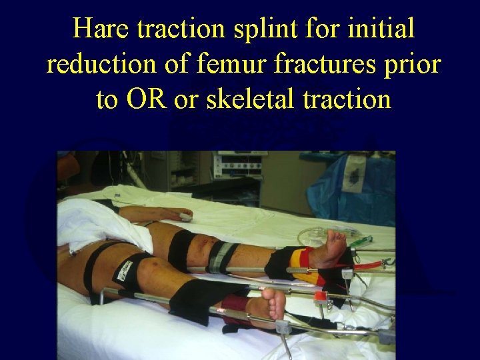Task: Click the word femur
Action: tap(226, 64)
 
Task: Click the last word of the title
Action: tap(347, 99)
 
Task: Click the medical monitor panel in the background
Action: tap(237, 164)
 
